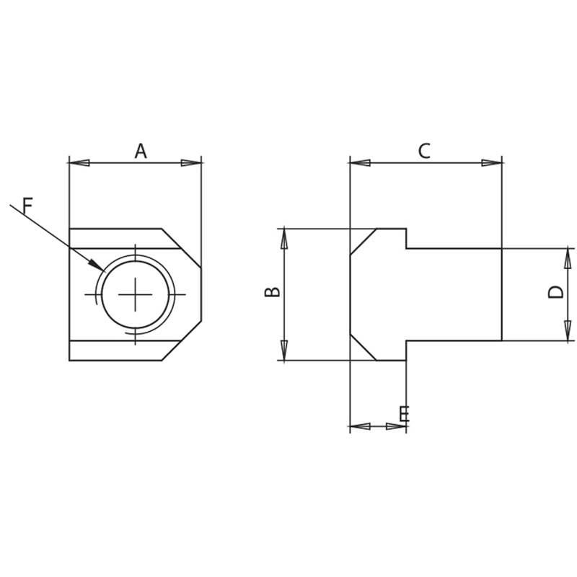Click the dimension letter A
click(141, 151)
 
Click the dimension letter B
click(273, 291)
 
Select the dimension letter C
click(424, 151)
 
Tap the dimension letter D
click(555, 291)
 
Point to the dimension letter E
click(404, 414)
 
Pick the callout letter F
click(27, 206)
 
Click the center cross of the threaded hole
click(136, 294)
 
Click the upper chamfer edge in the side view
click(364, 242)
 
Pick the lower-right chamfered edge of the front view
click(182, 340)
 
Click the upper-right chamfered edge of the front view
click(182, 249)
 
